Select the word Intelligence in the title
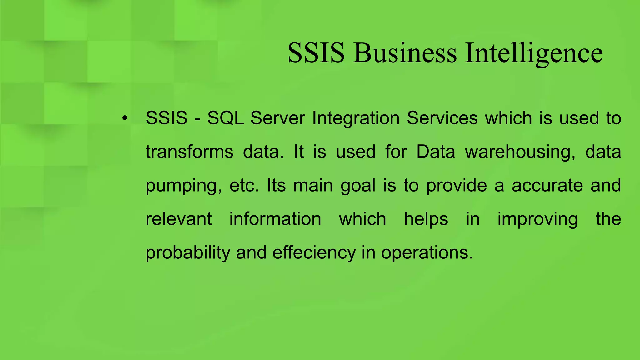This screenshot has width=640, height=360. [534, 53]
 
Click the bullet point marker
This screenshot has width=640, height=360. [125, 118]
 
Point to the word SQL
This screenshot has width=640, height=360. [225, 118]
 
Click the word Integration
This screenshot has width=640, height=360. [356, 118]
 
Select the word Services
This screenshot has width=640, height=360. [442, 118]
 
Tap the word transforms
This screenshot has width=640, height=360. [189, 152]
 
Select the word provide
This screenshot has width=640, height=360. [457, 186]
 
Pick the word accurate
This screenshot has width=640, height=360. [547, 186]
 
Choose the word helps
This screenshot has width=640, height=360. [426, 219]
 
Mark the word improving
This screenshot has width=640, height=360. [537, 219]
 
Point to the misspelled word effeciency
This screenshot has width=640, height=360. [314, 253]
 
